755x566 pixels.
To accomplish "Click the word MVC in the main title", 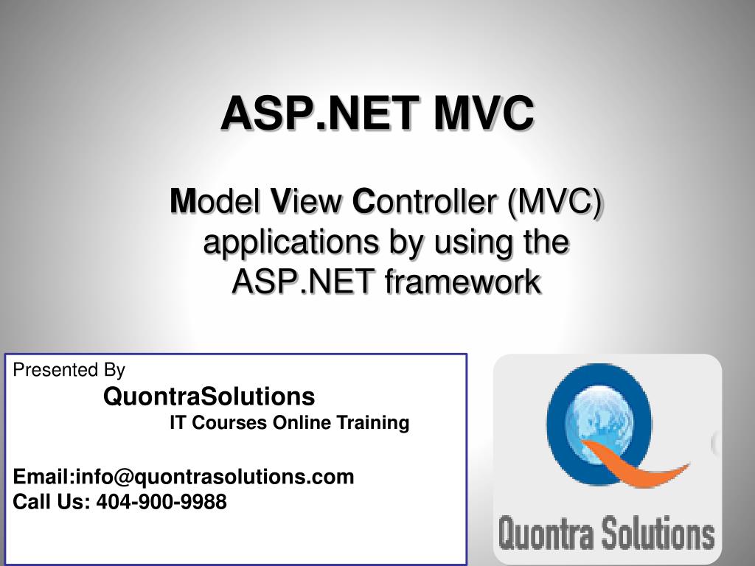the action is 484,113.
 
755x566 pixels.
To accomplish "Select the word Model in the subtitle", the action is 215,201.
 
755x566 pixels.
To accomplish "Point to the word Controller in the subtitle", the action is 425,201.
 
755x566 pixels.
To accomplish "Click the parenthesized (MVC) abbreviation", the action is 554,202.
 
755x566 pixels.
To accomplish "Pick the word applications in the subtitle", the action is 290,242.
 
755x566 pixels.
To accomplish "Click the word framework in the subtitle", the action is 462,281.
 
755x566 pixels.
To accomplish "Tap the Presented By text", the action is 69,370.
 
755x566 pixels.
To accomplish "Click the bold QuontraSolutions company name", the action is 209,396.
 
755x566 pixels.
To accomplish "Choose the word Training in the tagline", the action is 372,423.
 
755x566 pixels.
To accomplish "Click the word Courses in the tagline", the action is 229,422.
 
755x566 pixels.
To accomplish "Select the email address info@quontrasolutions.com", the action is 215,477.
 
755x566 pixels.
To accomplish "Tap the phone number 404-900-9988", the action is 161,502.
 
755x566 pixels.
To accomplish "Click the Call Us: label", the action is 52,502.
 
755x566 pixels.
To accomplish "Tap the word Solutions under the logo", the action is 658,532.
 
